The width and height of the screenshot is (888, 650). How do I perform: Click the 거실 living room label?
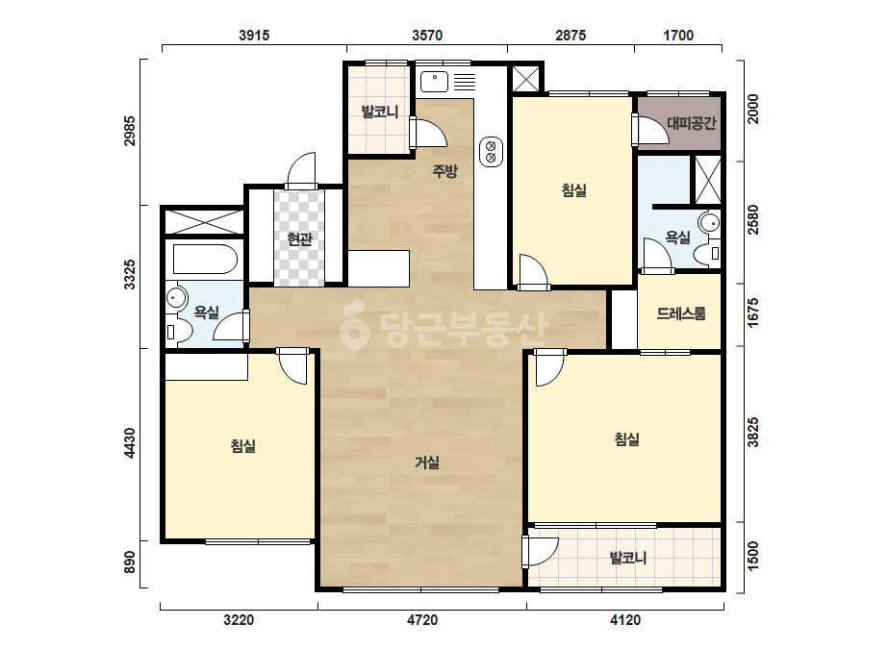pyautogui.click(x=427, y=462)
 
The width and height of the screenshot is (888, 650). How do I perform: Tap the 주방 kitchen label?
pyautogui.click(x=444, y=170)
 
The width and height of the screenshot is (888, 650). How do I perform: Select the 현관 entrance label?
pyautogui.click(x=299, y=238)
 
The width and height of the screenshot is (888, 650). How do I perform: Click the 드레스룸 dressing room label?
pyautogui.click(x=681, y=313)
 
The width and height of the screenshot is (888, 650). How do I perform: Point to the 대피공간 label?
pyautogui.click(x=692, y=123)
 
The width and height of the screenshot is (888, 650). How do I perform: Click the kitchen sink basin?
pyautogui.click(x=434, y=82)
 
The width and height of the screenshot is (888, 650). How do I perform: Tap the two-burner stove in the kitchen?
pyautogui.click(x=491, y=152)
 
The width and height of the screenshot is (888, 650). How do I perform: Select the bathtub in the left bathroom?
pyautogui.click(x=205, y=260)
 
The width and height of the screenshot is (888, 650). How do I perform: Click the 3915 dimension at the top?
pyautogui.click(x=254, y=36)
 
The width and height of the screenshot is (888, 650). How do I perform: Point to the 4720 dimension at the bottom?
pyautogui.click(x=422, y=620)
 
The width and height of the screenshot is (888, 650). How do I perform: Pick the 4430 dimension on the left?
pyautogui.click(x=130, y=443)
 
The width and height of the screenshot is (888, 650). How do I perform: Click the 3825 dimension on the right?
pyautogui.click(x=752, y=433)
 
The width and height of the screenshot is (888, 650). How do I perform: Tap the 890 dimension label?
pyautogui.click(x=130, y=562)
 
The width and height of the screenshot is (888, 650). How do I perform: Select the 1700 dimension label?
pyautogui.click(x=678, y=36)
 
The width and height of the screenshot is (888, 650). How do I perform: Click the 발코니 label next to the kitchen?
pyautogui.click(x=380, y=112)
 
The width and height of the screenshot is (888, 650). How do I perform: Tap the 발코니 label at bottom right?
pyautogui.click(x=627, y=559)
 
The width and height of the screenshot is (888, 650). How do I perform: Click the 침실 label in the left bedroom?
pyautogui.click(x=243, y=445)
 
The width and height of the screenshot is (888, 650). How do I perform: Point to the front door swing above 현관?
pyautogui.click(x=302, y=170)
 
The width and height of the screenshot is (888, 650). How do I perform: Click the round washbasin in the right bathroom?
pyautogui.click(x=708, y=222)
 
